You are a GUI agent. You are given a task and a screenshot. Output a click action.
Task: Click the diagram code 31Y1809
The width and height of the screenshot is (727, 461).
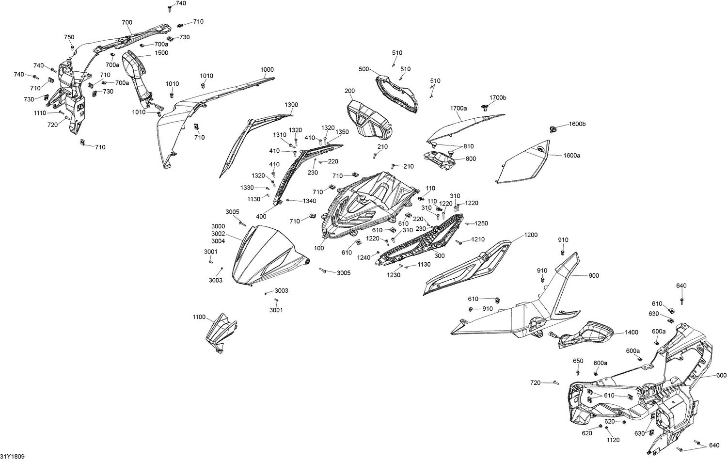click(12, 456)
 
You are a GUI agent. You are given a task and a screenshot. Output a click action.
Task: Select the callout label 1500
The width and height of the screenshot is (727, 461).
click(161, 52)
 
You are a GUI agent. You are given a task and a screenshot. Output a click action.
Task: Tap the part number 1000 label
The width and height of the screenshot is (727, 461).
click(267, 69)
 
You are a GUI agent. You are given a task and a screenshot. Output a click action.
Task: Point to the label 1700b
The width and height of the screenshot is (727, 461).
click(498, 98)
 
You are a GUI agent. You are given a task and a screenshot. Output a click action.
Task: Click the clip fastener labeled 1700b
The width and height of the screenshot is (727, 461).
click(485, 108)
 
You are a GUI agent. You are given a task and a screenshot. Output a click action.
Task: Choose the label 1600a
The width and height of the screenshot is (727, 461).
click(571, 156)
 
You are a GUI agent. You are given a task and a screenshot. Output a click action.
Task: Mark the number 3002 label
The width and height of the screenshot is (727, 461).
click(218, 234)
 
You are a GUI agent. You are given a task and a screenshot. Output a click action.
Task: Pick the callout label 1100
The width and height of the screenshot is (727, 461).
click(199, 317)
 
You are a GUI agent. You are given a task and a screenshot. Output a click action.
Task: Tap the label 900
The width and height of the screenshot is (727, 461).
click(594, 276)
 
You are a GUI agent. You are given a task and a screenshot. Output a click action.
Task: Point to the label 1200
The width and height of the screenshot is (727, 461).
click(531, 235)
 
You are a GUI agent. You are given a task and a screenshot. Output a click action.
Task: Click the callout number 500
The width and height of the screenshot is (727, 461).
click(364, 69)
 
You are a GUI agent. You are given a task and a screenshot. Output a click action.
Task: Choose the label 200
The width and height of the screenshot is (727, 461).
click(349, 91)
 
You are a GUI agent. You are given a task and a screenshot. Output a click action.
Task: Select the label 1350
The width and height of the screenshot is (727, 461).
click(342, 132)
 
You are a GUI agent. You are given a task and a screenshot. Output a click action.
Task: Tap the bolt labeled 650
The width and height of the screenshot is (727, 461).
click(578, 372)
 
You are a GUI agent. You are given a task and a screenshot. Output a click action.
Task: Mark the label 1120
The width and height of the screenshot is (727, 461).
click(613, 440)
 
